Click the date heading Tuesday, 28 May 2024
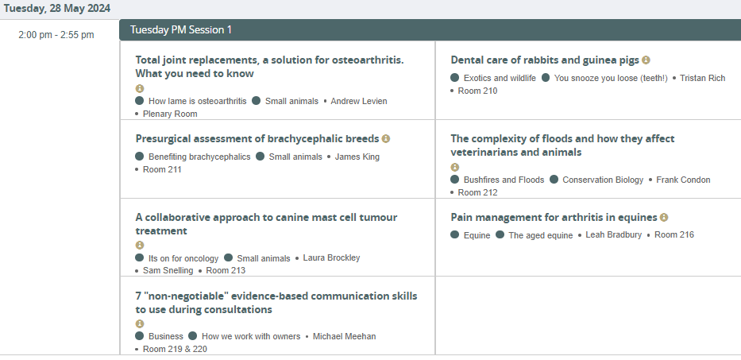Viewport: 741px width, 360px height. pos(57,9)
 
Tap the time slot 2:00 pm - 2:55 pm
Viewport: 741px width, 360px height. pos(56,35)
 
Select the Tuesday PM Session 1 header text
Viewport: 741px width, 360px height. pos(181,30)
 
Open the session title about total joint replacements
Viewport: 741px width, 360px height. pos(270,67)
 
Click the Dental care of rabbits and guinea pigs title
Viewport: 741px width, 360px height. pos(545,60)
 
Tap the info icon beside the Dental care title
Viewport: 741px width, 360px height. pos(646,60)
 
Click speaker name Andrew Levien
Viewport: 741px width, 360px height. pos(359,101)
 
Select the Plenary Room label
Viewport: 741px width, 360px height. pos(170,114)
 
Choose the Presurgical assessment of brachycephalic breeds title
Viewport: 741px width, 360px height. pos(257,138)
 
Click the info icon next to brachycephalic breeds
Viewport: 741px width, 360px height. pos(386,138)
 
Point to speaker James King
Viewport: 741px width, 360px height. pos(357,157)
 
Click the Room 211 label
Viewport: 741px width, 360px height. pos(162,170)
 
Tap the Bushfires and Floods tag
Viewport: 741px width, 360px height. pos(504,180)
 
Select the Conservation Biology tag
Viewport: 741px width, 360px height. pos(603,180)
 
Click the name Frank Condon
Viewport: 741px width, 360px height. pos(683,180)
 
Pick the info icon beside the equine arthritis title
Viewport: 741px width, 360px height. pos(664,217)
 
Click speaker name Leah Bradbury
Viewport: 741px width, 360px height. pos(614,235)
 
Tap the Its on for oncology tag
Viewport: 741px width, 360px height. pos(183,259)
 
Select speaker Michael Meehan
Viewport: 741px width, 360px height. pos(345,337)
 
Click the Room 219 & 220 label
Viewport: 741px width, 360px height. pos(175,350)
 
